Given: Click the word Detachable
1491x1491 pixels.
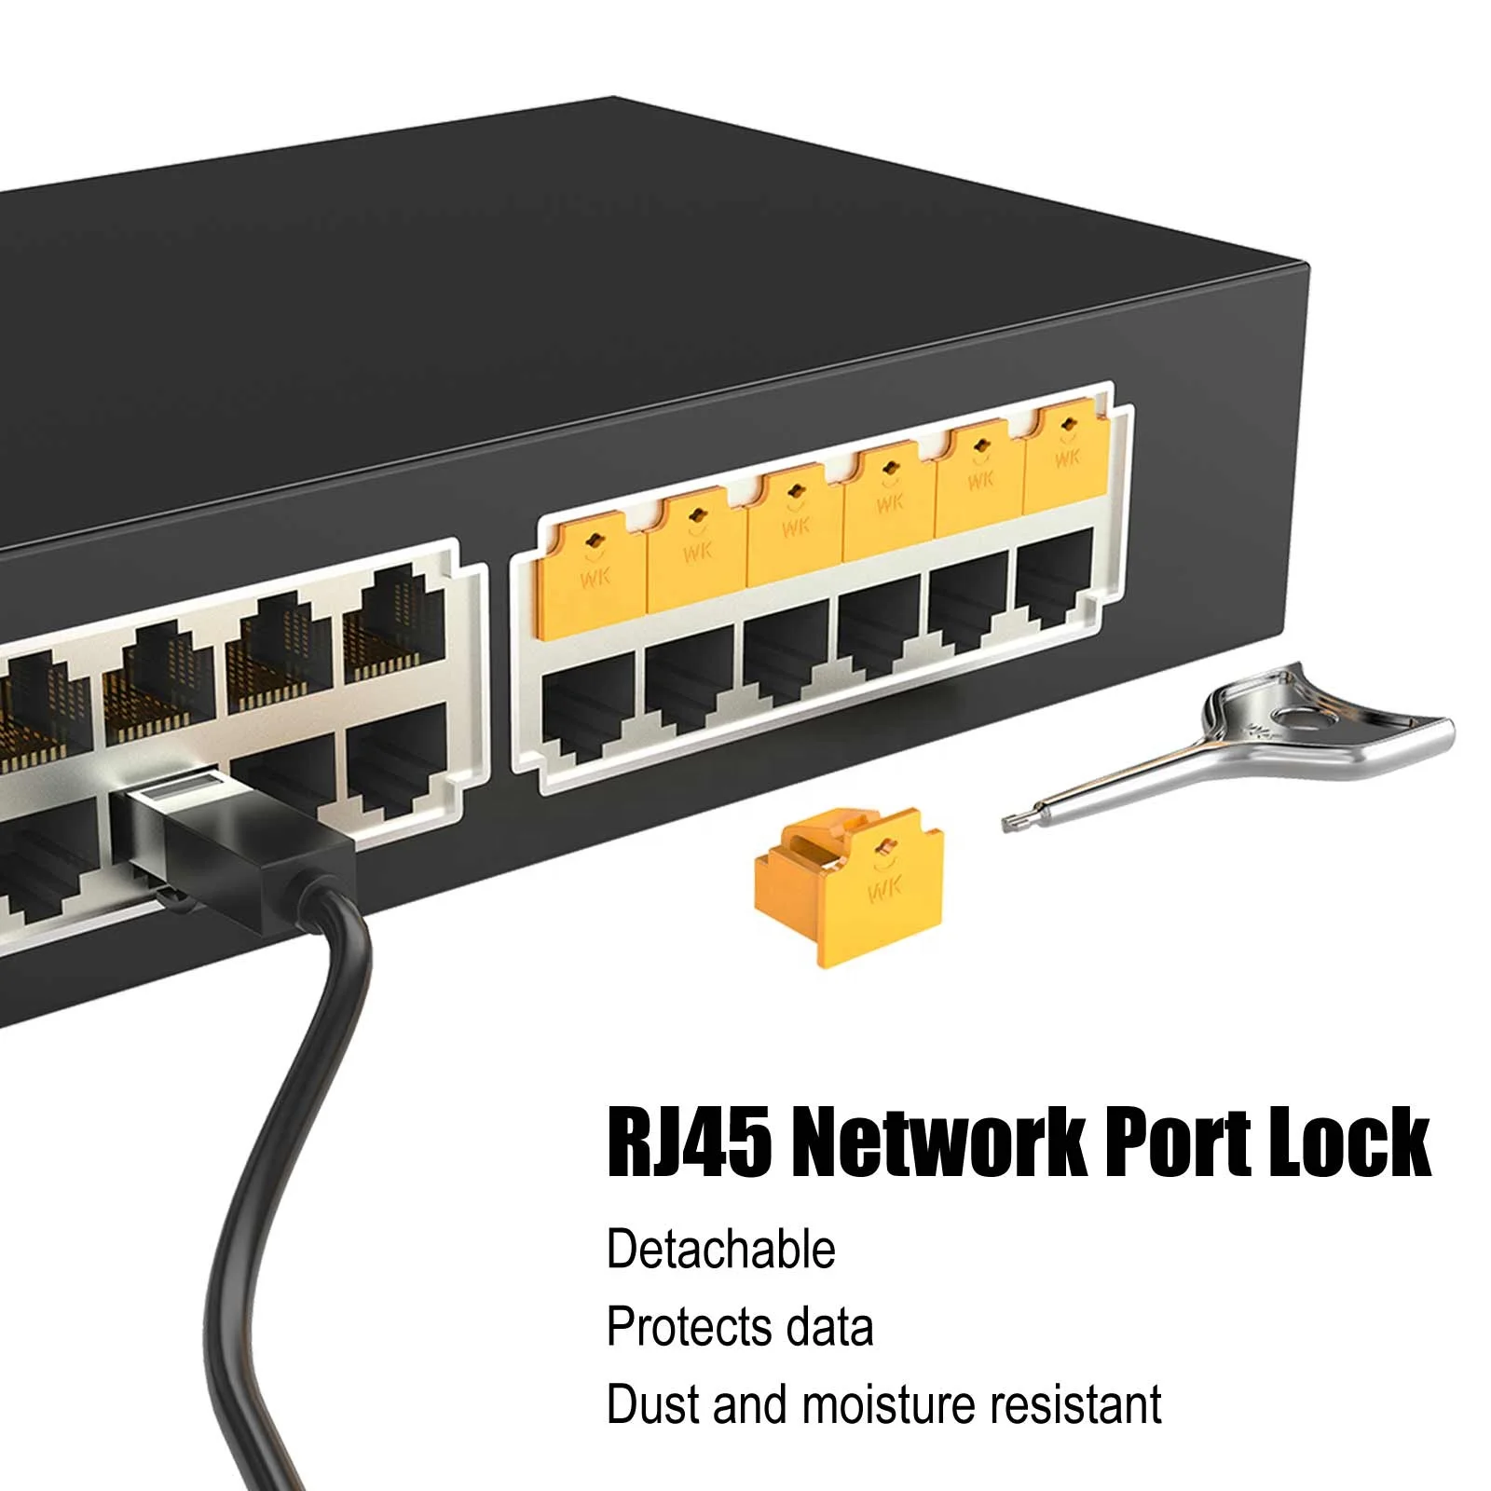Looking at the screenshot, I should click(720, 1250).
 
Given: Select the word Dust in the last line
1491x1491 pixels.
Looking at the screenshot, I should click(652, 1404).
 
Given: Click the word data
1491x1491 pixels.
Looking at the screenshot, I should click(829, 1327).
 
